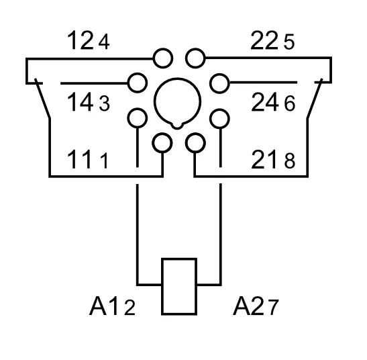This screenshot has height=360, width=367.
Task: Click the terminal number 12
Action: click(x=81, y=40)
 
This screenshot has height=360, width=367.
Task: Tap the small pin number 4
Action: click(x=104, y=42)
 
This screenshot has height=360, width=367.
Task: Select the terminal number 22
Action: click(x=264, y=40)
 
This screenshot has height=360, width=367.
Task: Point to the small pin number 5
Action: click(x=289, y=42)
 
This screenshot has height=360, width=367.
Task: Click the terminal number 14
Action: click(x=81, y=101)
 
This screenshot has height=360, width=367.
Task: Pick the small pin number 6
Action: click(x=290, y=103)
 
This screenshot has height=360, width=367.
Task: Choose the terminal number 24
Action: click(x=265, y=101)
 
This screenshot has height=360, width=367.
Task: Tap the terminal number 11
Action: click(x=79, y=159)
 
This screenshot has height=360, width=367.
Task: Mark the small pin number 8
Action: click(x=290, y=161)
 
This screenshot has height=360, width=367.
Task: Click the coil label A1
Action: click(x=103, y=306)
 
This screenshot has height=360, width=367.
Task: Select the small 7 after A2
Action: click(x=272, y=308)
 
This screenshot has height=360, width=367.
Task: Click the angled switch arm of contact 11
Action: click(x=42, y=99)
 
